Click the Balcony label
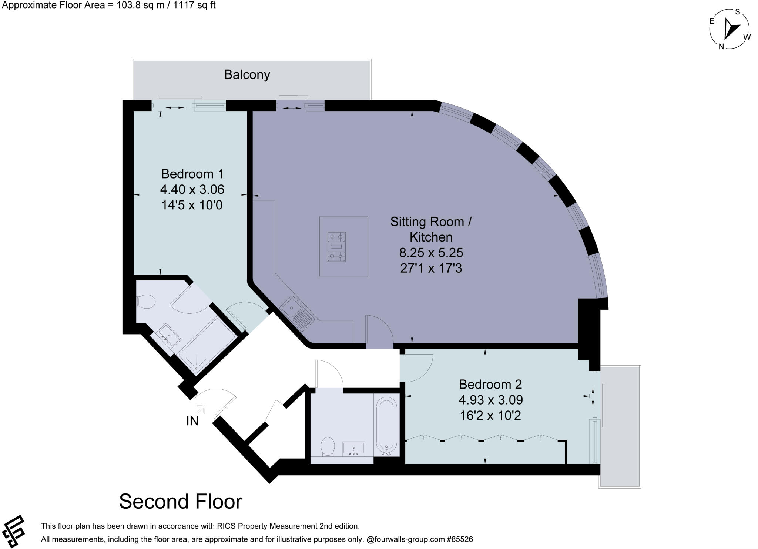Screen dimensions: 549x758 coord(247,75)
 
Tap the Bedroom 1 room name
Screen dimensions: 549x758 coord(192,174)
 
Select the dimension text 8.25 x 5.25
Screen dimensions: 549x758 coord(431,253)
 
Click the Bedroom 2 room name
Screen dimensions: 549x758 coord(490,384)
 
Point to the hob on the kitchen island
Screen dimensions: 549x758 coord(336,247)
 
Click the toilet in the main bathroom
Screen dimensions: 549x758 coord(327,447)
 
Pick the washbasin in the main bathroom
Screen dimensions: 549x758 coord(353,449)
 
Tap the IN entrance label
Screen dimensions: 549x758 coord(192,421)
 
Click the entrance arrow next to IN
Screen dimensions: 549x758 coord(201,409)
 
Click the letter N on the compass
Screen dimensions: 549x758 coord(721,47)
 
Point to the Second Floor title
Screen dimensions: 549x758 coord(180,502)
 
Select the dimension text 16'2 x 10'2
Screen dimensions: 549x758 coord(490,415)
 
